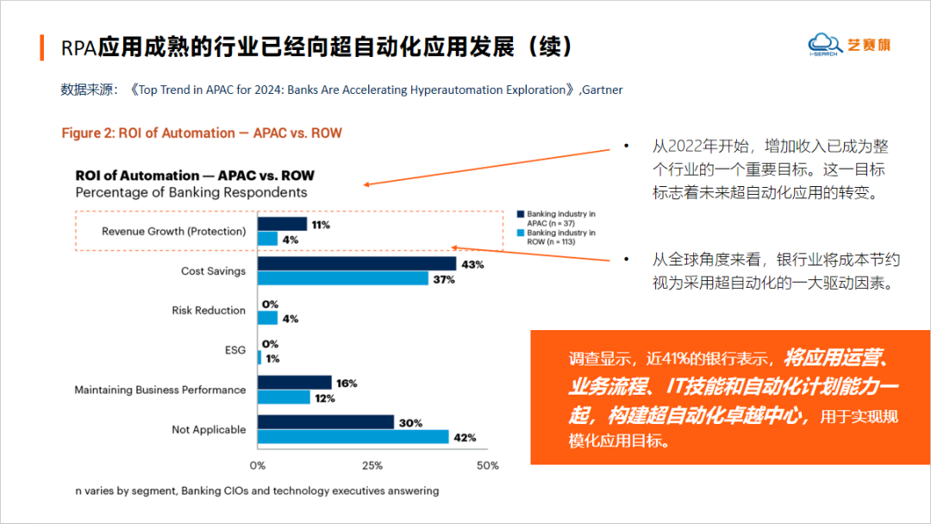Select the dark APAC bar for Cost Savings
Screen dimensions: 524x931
coord(356,264)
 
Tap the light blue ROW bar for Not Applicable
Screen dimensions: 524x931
coord(353,437)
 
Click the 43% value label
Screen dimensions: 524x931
coord(472,265)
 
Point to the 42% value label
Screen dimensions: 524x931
coord(465,438)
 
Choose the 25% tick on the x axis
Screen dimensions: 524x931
coord(372,465)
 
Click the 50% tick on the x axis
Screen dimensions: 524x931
coord(487,465)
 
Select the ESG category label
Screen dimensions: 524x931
coord(235,350)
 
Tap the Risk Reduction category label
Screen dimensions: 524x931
coord(209,310)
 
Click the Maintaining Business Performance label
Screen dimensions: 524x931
coord(159,390)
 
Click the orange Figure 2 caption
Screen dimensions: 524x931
coord(202,133)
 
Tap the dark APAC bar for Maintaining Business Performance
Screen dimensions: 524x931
coord(294,383)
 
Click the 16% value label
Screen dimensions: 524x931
coord(347,383)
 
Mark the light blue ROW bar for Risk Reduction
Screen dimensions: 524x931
coord(267,318)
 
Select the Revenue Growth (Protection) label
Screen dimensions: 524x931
coord(173,231)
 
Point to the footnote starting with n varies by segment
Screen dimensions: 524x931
coord(257,490)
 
